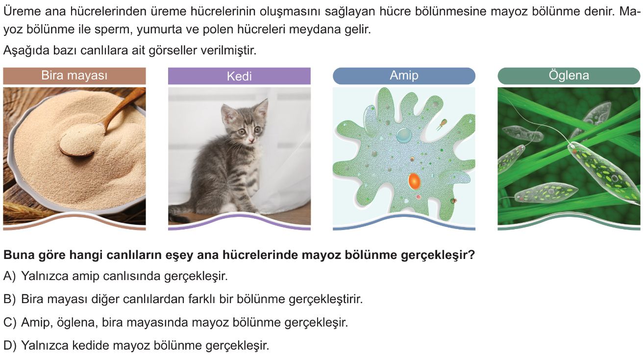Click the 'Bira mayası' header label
click(74, 76)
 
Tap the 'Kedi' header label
click(239, 76)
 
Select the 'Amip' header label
click(404, 76)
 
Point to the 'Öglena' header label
click(569, 76)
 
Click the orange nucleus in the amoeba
click(414, 181)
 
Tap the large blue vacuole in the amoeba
click(404, 135)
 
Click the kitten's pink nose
click(251, 140)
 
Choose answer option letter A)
click(9, 276)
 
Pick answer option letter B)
click(9, 299)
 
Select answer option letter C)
click(10, 322)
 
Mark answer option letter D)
click(10, 345)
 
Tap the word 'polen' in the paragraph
click(220, 29)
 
